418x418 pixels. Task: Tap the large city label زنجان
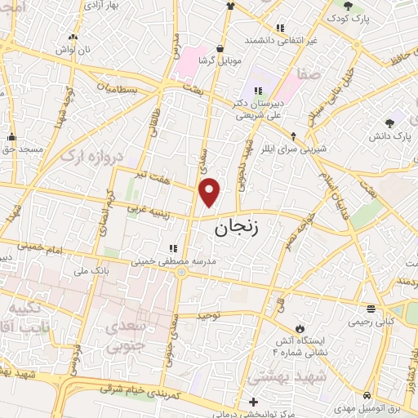[x=240, y=229]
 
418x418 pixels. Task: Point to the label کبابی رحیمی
[x=371, y=322]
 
